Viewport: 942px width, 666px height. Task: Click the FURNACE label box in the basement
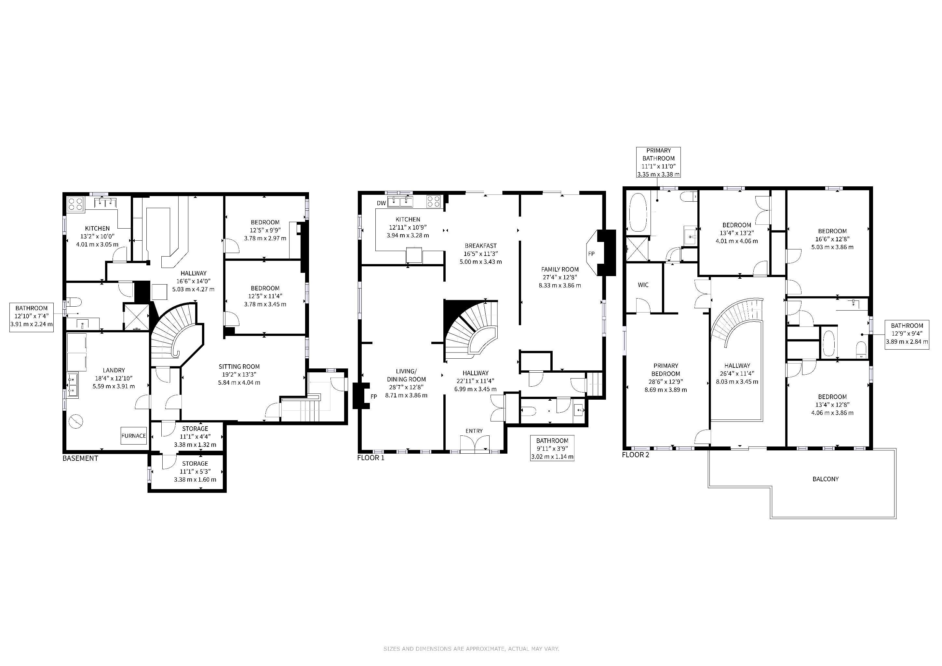[134, 435]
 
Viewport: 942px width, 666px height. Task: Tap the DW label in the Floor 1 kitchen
[381, 203]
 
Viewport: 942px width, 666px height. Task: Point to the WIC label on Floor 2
[643, 285]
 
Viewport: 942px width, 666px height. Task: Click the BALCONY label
[826, 479]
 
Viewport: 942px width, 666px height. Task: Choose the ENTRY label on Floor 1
[474, 431]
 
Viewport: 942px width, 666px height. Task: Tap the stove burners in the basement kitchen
[75, 204]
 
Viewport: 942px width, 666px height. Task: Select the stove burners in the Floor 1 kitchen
[434, 201]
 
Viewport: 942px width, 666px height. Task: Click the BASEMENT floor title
[80, 459]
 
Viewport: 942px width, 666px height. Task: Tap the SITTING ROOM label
[239, 366]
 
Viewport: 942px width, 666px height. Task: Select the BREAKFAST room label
[480, 246]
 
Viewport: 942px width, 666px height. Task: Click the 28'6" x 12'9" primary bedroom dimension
[666, 382]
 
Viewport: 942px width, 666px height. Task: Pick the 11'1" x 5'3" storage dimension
[195, 472]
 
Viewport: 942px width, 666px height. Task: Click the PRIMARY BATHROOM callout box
[658, 162]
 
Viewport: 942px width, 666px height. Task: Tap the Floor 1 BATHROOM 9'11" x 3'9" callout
[552, 448]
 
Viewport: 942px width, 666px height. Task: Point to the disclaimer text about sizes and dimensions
[471, 649]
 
